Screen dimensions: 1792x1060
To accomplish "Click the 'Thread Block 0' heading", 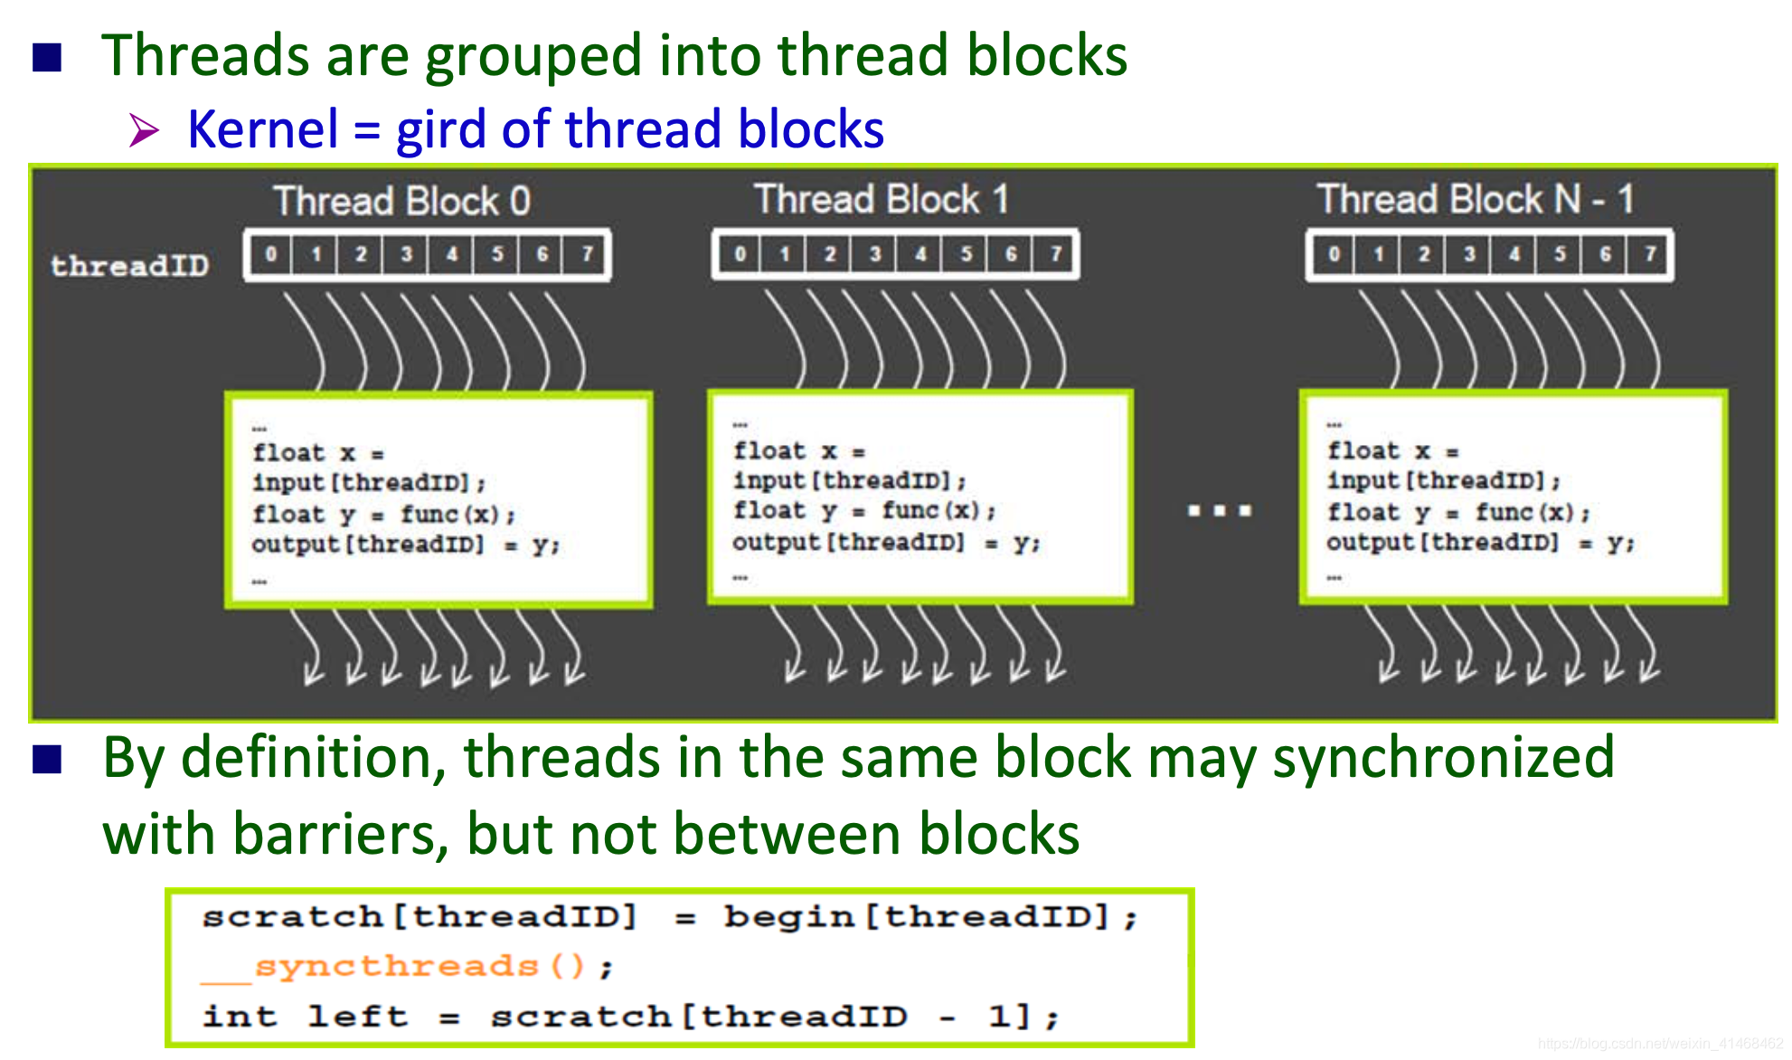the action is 402,201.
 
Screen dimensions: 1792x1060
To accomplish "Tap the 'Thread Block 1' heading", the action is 882,199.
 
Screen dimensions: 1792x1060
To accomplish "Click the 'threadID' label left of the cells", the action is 129,266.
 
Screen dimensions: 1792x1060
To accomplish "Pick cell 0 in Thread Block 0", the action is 270,254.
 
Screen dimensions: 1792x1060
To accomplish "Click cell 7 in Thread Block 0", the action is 587,254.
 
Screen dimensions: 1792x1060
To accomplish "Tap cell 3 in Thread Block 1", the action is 874,254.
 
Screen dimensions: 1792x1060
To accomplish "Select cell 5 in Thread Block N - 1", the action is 1560,254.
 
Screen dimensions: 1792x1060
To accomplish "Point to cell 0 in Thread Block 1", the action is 740,254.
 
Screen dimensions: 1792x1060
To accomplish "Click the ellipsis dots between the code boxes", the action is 1220,511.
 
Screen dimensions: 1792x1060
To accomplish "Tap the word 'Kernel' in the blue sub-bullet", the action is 263,128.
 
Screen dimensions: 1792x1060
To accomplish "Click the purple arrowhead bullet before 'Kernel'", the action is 144,130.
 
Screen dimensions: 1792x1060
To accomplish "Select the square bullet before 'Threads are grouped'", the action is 47,57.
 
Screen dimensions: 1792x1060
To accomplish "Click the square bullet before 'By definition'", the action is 47,760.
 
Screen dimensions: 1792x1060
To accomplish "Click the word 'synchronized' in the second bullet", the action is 1444,757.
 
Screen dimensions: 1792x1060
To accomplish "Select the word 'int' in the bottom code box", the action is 240,1016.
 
